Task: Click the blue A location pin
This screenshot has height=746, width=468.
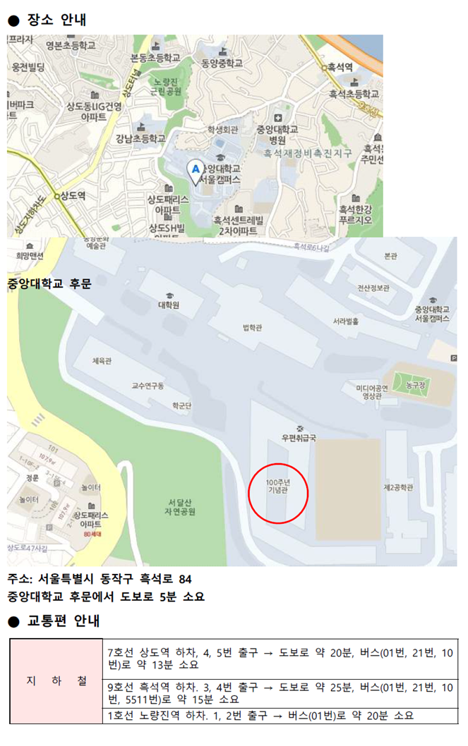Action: coord(196,170)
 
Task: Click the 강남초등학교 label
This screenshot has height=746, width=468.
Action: coord(141,138)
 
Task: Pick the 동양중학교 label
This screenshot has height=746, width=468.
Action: coord(222,63)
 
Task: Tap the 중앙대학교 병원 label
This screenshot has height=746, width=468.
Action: coord(277,134)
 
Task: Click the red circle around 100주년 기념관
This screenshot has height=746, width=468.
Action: coord(278,493)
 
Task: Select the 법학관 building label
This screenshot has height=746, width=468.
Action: coord(252,327)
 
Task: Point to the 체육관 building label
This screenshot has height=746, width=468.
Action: coord(102,361)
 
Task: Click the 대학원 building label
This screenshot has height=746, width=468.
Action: coord(169,305)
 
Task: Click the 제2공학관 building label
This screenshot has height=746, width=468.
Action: coord(398,487)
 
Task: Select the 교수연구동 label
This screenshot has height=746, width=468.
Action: coord(148,386)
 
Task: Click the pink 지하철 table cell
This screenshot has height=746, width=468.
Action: coord(56,681)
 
